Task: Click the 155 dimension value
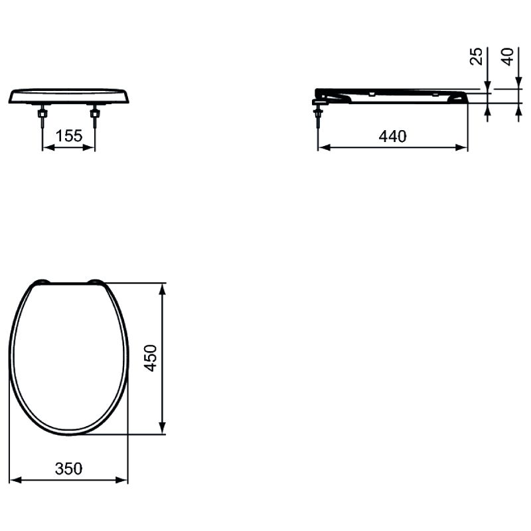pos(69,136)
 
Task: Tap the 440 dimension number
pos(392,136)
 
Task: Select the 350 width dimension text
pos(68,469)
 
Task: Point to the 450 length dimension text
pos(151,358)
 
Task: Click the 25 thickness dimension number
pos(477,56)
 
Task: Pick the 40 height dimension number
pos(508,56)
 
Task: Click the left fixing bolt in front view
pos(42,115)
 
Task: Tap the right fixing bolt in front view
pos(95,115)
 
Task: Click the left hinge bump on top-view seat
pos(42,281)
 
